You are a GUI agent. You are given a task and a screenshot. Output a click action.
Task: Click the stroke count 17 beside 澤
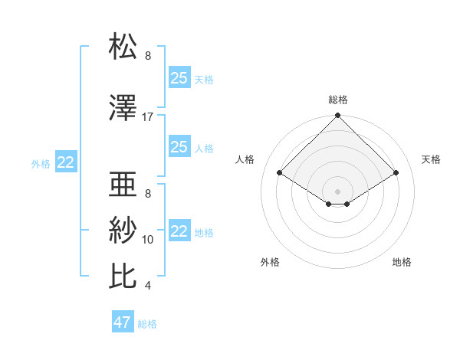point(148,117)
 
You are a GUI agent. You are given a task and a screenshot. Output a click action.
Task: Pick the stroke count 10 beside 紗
point(148,240)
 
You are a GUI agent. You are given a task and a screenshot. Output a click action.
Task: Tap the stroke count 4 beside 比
point(148,286)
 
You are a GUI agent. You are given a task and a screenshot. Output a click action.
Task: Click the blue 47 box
point(123,322)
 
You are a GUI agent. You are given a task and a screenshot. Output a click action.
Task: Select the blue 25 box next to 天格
point(179,77)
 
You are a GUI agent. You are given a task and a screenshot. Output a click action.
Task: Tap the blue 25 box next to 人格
point(179,147)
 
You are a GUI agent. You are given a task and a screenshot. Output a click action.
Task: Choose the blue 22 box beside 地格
point(179,231)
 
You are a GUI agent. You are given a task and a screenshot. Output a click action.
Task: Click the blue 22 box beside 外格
point(66,162)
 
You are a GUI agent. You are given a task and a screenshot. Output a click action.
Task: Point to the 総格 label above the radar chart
point(338,100)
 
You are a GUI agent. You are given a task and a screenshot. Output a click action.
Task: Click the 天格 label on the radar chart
point(431,159)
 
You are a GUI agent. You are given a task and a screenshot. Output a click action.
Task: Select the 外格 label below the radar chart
point(270,262)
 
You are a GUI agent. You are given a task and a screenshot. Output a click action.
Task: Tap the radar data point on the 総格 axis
point(338,116)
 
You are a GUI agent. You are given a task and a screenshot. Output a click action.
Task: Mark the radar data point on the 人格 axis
point(280,173)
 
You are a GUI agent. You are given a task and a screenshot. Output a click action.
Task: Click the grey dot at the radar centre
point(338,190)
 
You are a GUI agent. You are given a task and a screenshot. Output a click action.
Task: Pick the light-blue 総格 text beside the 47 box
point(147,324)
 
